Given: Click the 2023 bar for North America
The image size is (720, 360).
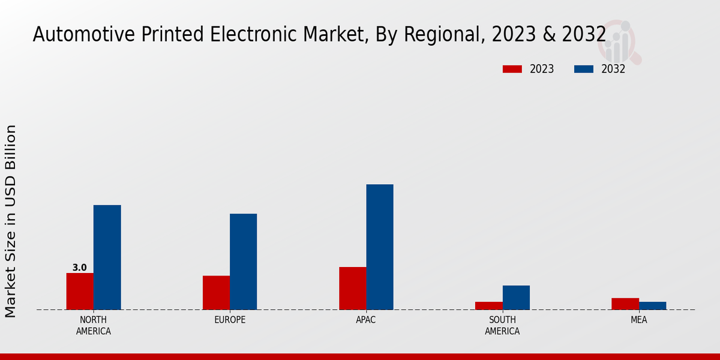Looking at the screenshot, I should (x=80, y=292).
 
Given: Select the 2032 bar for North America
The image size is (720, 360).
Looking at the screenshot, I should (x=107, y=257).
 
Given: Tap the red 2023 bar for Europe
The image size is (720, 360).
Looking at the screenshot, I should (x=216, y=293).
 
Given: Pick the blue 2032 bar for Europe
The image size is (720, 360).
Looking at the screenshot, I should (x=243, y=262).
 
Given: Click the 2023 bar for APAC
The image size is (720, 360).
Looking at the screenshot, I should (x=352, y=289).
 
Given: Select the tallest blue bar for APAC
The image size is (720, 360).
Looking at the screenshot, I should (x=380, y=247).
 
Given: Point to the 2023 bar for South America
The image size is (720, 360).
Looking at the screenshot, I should (x=488, y=306).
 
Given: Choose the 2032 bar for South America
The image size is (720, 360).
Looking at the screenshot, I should (x=516, y=298).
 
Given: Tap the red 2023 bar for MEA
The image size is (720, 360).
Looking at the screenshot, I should (x=625, y=304).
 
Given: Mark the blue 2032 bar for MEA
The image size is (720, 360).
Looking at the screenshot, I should (x=652, y=306).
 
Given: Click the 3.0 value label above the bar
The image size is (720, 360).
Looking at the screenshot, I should (x=80, y=268).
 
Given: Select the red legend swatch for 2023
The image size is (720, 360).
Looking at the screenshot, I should (x=512, y=69).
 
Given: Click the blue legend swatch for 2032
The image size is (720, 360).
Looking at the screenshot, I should (x=583, y=69).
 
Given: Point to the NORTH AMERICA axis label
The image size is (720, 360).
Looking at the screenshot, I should (x=94, y=325).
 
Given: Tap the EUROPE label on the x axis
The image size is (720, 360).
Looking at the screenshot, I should (x=230, y=320).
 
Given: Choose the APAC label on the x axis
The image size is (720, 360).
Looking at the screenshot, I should (x=366, y=320).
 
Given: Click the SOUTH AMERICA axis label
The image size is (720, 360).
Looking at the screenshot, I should (x=502, y=325).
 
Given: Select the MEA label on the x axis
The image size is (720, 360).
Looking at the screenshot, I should (x=638, y=320).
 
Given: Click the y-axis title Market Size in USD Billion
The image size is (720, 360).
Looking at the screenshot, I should (x=11, y=221).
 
